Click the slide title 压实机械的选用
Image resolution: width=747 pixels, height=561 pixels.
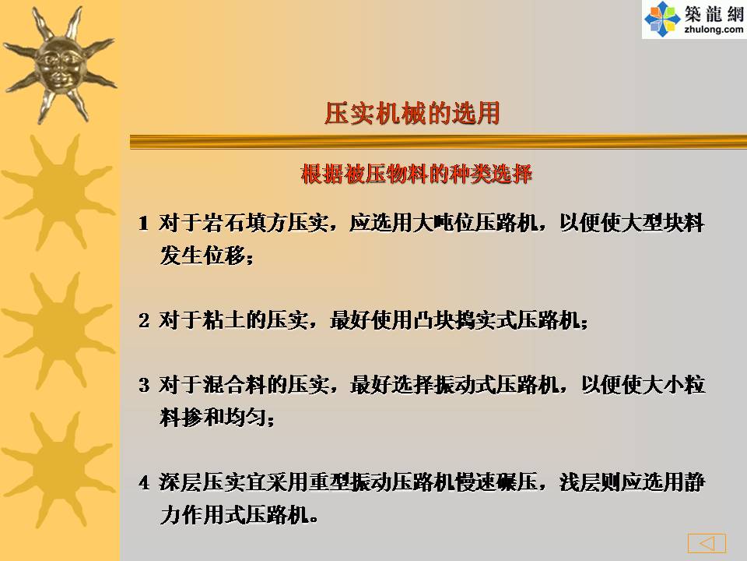coord(412,114)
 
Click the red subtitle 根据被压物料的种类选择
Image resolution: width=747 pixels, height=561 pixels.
coord(416,174)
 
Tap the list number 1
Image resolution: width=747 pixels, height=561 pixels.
coord(143,224)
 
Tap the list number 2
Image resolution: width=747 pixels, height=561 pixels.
coord(144,320)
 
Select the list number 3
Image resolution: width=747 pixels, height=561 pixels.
coord(144,385)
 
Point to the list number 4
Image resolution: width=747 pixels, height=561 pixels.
coord(144,482)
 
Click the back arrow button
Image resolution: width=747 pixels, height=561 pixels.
coord(707,543)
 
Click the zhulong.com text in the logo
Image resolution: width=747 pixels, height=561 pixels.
coord(714,30)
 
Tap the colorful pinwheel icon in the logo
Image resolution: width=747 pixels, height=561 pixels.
coord(662,19)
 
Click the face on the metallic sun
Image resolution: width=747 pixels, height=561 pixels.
coord(59,67)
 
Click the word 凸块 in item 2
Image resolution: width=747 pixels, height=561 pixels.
coord(433,319)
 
